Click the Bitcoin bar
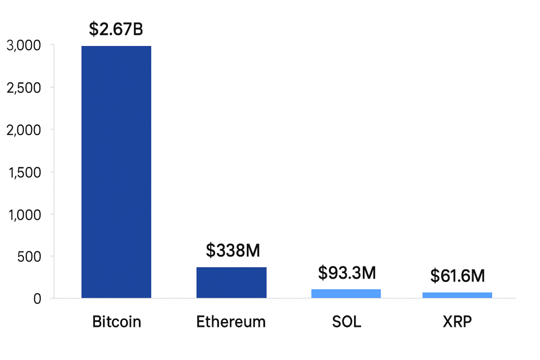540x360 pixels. pyautogui.click(x=116, y=172)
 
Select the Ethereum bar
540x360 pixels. pyautogui.click(x=231, y=282)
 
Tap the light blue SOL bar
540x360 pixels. pyautogui.click(x=346, y=293)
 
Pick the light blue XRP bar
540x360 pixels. pyautogui.click(x=457, y=295)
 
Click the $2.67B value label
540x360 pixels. pyautogui.click(x=116, y=29)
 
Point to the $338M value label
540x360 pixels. pyautogui.click(x=233, y=250)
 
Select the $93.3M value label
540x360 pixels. pyautogui.click(x=347, y=273)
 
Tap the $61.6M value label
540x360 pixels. pyautogui.click(x=457, y=276)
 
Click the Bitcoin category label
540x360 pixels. pyautogui.click(x=116, y=322)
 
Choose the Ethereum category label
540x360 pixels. pyautogui.click(x=231, y=322)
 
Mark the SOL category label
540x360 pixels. pyautogui.click(x=346, y=322)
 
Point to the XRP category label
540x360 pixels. pyautogui.click(x=457, y=322)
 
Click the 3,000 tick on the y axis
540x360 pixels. pyautogui.click(x=24, y=45)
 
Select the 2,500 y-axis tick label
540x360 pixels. pyautogui.click(x=24, y=87)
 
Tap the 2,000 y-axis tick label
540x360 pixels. pyautogui.click(x=24, y=130)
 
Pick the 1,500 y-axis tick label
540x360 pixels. pyautogui.click(x=24, y=172)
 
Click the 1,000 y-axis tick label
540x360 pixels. pyautogui.click(x=24, y=214)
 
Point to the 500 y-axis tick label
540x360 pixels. pyautogui.click(x=29, y=257)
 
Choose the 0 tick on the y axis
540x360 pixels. pyautogui.click(x=37, y=299)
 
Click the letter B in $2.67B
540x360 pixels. pyautogui.click(x=138, y=29)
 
